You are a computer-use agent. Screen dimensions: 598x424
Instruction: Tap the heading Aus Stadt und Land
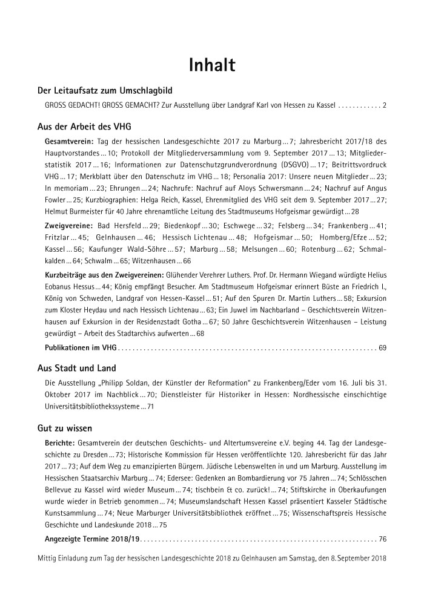[x=76, y=368]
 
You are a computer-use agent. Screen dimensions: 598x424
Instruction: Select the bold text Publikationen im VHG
[x=81, y=347]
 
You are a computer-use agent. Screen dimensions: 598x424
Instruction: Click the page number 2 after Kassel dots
[x=385, y=105]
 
